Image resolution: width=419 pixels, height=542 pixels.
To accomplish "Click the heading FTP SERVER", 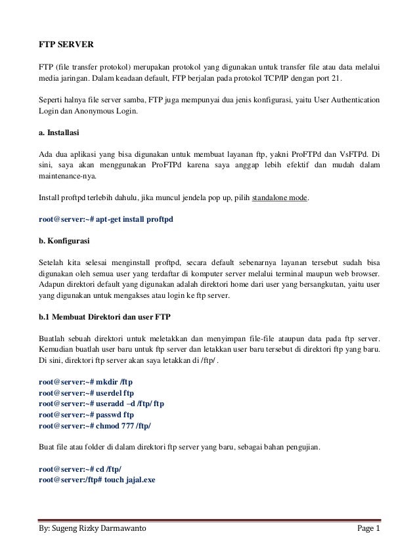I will point(66,45).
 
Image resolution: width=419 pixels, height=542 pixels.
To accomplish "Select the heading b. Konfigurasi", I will point(64,240).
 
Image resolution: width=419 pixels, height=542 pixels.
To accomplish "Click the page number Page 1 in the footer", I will point(366,528).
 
